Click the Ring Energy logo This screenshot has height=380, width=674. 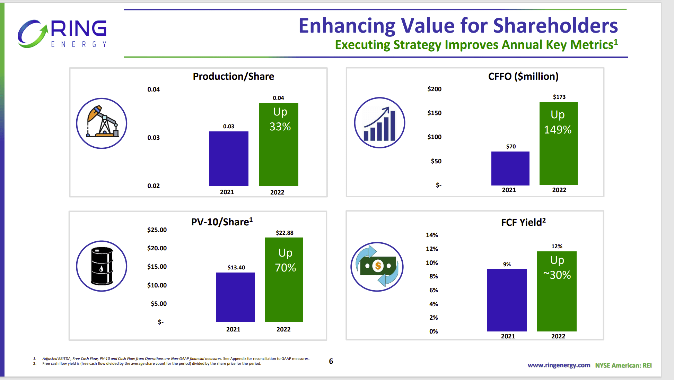pyautogui.click(x=62, y=34)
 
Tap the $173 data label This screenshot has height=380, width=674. pyautogui.click(x=559, y=97)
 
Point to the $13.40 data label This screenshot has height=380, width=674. pyautogui.click(x=236, y=267)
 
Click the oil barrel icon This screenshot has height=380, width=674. pyautogui.click(x=102, y=266)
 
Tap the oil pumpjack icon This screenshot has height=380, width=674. pyautogui.click(x=102, y=123)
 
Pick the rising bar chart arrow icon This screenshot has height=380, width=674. pyautogui.click(x=379, y=123)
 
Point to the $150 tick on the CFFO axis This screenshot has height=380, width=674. pyautogui.click(x=434, y=113)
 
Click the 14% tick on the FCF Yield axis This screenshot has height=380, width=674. pyautogui.click(x=432, y=235)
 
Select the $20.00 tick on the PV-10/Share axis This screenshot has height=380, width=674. pyautogui.click(x=157, y=248)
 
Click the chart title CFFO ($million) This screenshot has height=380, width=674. pyautogui.click(x=523, y=76)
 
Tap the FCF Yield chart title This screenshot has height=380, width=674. pyautogui.click(x=523, y=222)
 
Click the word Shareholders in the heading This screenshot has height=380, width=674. pyautogui.click(x=555, y=26)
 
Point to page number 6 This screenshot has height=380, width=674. pyautogui.click(x=331, y=361)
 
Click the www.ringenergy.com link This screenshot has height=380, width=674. pyautogui.click(x=559, y=365)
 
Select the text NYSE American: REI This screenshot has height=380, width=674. pyautogui.click(x=623, y=365)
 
